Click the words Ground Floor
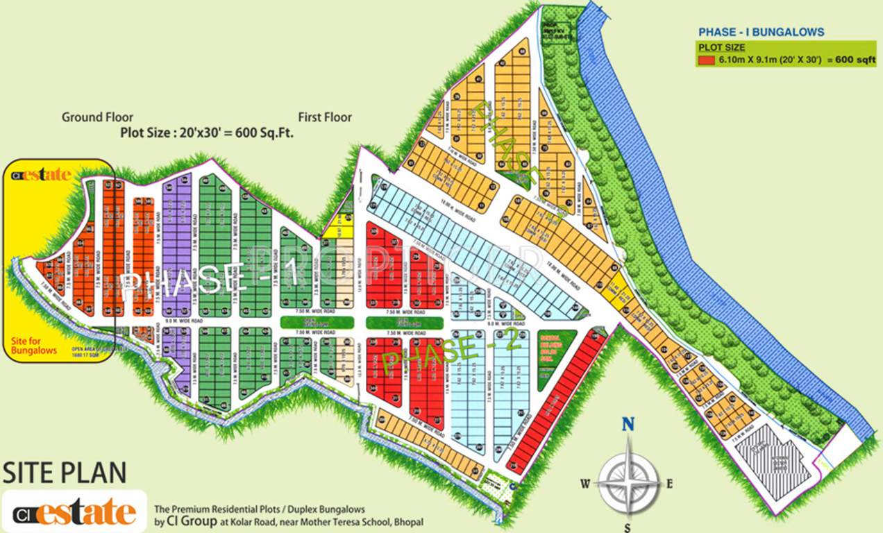97,117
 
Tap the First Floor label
325,117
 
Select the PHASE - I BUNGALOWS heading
761,32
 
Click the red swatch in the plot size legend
706,60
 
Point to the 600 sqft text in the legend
855,60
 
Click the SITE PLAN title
65,473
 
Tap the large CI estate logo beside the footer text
74,512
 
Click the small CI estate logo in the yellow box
42,174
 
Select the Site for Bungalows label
34,346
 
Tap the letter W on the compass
586,484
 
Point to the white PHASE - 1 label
208,281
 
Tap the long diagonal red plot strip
555,403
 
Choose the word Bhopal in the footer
407,521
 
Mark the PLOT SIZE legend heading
722,47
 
